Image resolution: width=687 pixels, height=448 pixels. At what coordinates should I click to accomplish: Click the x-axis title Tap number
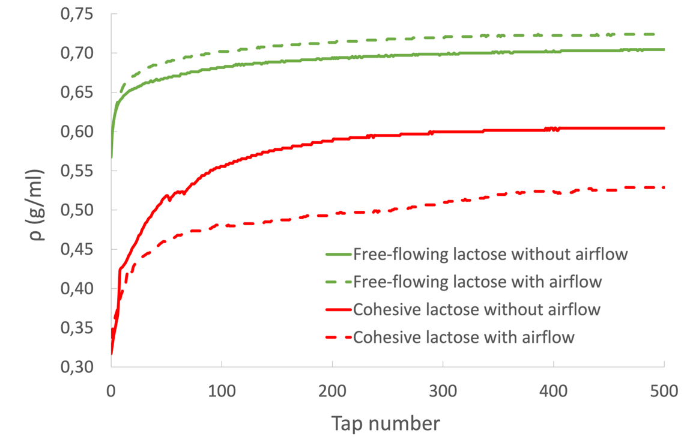tap(385, 424)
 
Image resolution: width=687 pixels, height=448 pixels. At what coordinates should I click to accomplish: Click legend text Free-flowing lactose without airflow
tap(491, 254)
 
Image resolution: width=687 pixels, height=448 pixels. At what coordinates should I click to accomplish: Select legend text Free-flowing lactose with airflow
tap(477, 282)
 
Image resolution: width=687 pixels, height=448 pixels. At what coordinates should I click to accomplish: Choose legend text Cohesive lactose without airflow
tap(477, 309)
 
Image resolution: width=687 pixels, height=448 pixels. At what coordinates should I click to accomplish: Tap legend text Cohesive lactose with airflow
tap(464, 337)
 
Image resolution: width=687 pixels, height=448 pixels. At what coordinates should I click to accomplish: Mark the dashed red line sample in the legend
tap(337, 338)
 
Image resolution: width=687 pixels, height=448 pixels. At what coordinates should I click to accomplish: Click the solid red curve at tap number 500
tap(664, 128)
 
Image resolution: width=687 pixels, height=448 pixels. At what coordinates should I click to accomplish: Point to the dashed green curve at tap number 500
tap(664, 34)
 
